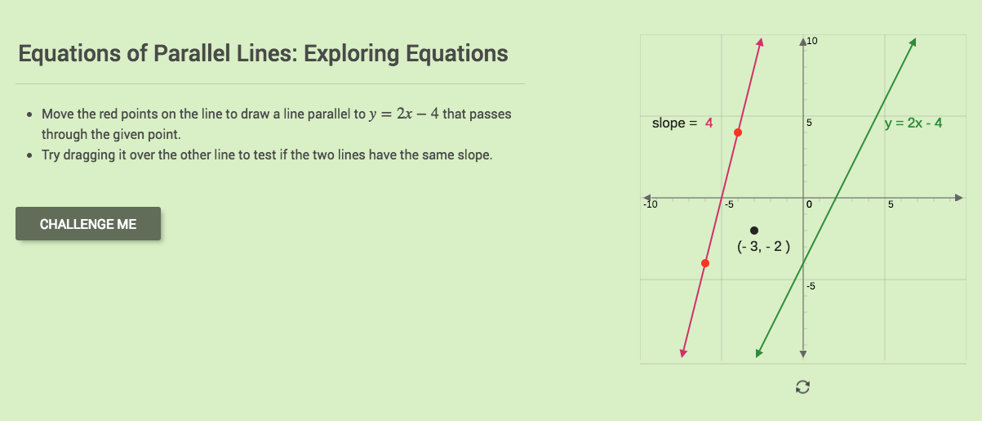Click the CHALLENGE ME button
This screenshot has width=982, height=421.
[88, 224]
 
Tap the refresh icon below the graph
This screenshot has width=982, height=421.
[802, 387]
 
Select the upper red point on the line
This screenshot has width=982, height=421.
[738, 132]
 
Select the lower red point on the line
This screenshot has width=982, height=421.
[705, 263]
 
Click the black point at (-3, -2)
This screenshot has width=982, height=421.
[754, 231]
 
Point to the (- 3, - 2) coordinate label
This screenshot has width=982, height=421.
[763, 246]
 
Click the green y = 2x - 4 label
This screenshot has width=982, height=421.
[913, 123]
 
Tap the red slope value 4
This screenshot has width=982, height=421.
[709, 123]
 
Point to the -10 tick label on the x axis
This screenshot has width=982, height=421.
[649, 204]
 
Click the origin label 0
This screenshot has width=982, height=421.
[809, 204]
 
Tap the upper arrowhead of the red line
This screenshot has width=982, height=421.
[760, 42]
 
